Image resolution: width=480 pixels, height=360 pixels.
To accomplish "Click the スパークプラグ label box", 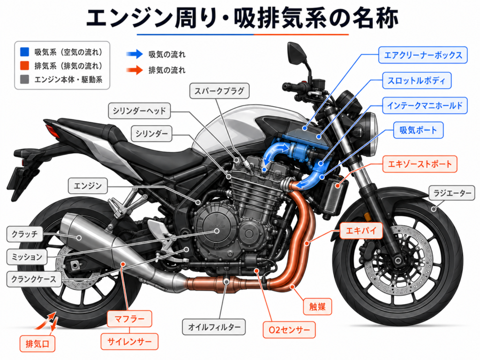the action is tap(219, 91).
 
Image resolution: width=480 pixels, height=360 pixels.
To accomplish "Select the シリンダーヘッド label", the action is tap(139, 111).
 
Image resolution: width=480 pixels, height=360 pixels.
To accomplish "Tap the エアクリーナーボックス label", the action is tap(423, 55).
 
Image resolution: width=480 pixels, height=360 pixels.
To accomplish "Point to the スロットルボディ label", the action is tap(416, 81).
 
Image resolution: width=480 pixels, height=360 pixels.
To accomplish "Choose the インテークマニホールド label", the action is tap(425, 105).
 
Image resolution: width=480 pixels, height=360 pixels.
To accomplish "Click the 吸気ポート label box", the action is tap(418, 130).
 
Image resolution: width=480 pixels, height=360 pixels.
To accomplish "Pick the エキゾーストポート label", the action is tap(420, 164).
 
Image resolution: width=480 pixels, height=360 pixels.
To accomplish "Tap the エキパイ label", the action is tap(361, 231).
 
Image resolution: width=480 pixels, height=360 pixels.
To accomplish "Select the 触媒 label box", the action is tap(317, 307).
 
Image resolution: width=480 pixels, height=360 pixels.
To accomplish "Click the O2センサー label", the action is tap(289, 330).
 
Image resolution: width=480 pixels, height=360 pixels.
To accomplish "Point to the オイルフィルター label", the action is tap(214, 327).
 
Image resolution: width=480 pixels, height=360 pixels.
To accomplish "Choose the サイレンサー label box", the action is tap(129, 342).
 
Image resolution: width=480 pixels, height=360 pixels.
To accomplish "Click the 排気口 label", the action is tap(37, 344).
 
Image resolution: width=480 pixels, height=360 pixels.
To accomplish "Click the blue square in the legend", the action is tap(24, 52).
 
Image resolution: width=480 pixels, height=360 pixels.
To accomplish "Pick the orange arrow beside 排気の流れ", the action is tap(135, 70).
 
